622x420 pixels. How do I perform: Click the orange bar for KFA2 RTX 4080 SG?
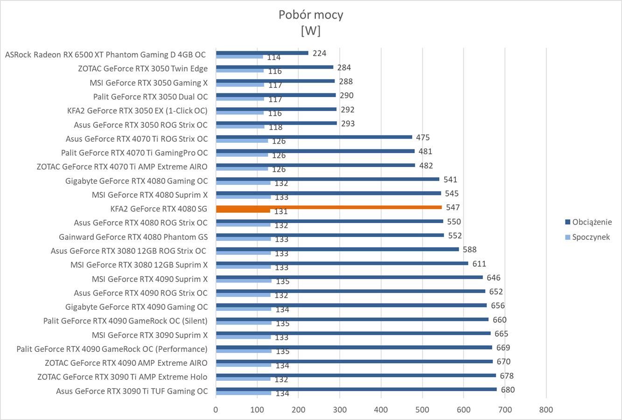click(x=328, y=207)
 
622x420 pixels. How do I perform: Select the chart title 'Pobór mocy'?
click(x=311, y=14)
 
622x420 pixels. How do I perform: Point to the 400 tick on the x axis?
click(x=381, y=410)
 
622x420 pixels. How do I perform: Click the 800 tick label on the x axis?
click(x=546, y=410)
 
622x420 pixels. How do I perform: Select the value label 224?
click(x=319, y=53)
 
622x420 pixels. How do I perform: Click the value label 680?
click(x=508, y=390)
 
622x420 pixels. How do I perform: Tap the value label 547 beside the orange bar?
click(x=453, y=207)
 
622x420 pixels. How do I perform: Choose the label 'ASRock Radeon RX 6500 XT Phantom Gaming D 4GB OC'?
click(x=105, y=55)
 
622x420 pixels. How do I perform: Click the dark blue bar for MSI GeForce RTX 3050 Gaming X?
click(x=275, y=81)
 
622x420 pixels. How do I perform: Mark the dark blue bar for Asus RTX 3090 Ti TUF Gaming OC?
click(x=356, y=389)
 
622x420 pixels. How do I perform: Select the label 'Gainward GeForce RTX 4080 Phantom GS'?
click(x=133, y=237)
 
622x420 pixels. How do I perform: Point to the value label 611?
click(x=479, y=264)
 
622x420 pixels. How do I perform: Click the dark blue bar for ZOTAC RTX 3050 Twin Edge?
click(x=274, y=67)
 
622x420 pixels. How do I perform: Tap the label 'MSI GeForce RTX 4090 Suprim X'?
click(x=149, y=279)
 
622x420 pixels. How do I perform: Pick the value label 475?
click(x=423, y=137)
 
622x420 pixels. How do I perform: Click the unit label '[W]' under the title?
click(x=311, y=31)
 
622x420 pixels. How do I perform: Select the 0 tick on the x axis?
click(x=216, y=410)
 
